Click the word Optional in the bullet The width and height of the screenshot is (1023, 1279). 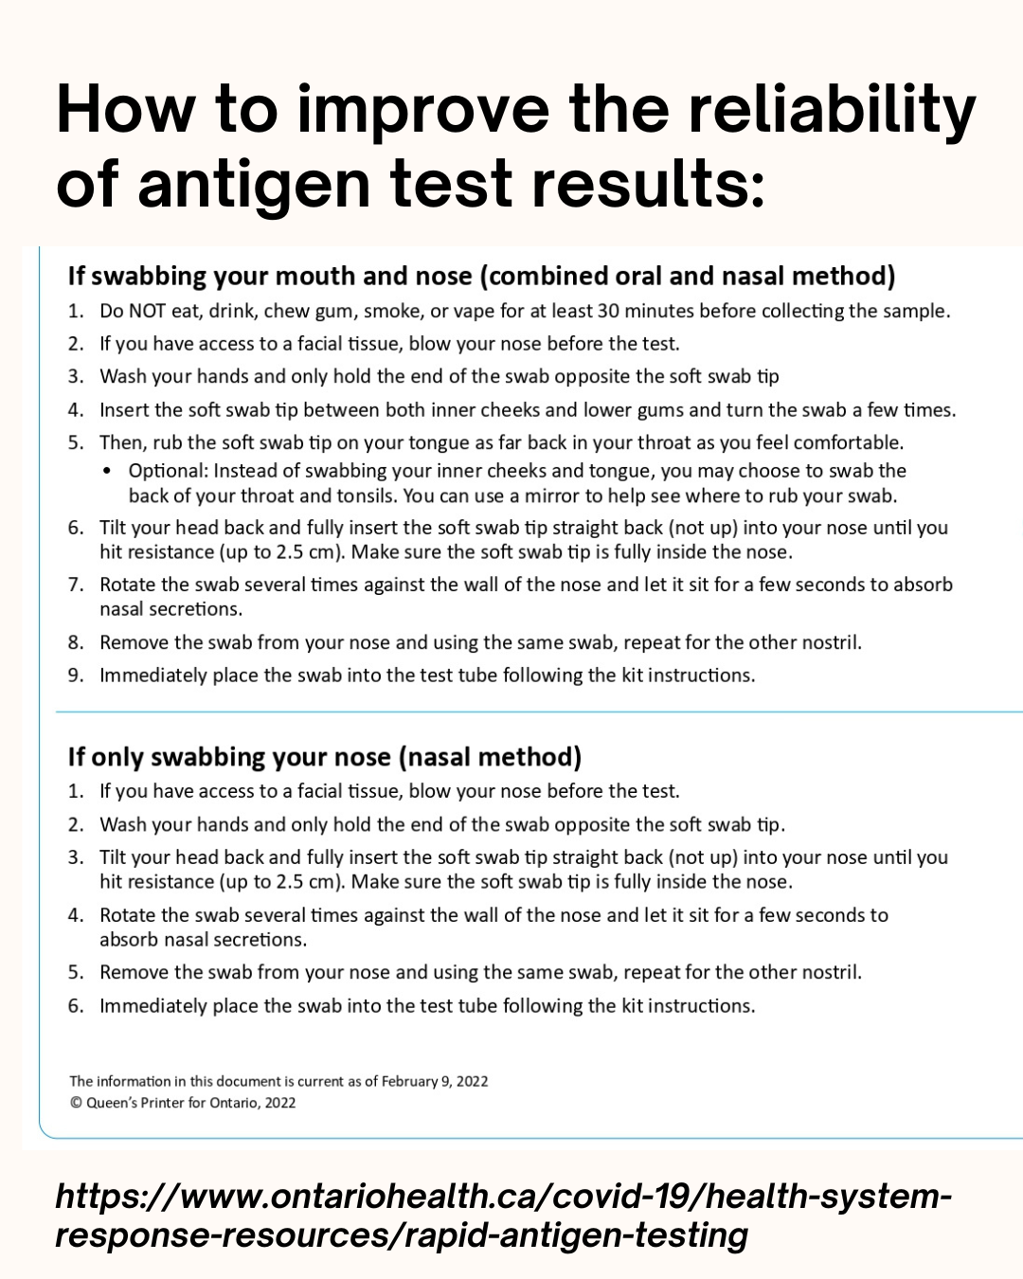167,471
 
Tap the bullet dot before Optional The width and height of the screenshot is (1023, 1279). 107,471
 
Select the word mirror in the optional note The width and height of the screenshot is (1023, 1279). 554,495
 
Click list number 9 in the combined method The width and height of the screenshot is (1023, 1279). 76,676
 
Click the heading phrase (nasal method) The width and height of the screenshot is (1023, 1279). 490,757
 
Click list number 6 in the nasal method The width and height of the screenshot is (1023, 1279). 76,1005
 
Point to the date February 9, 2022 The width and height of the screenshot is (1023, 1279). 434,1081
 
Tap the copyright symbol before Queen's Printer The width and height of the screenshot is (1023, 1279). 76,1103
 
